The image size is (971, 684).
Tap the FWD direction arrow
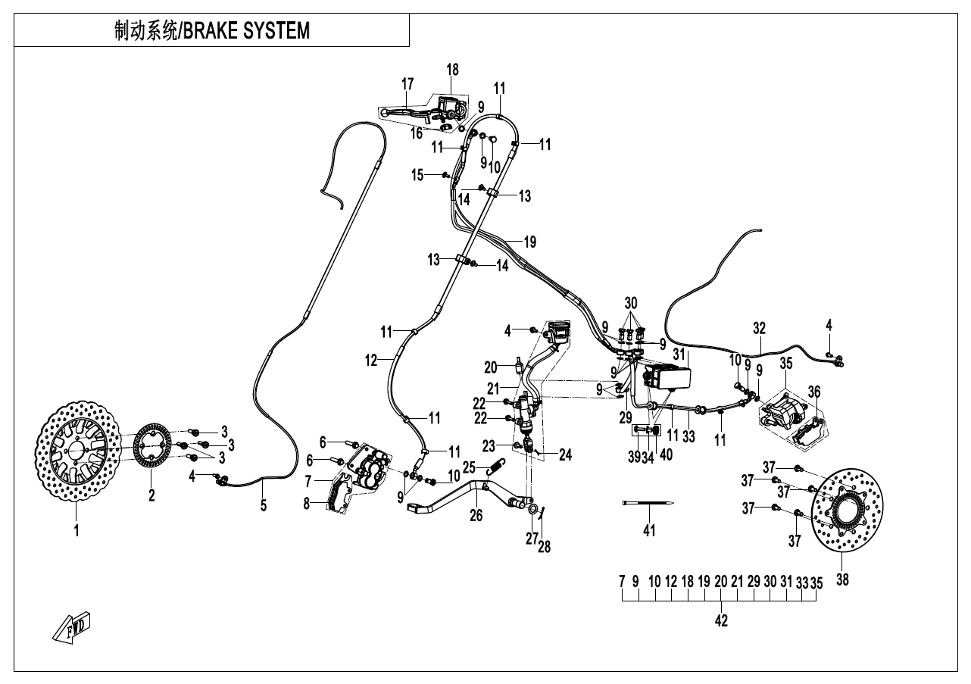(73, 626)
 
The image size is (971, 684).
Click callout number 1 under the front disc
(76, 531)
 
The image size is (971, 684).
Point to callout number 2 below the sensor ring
(151, 496)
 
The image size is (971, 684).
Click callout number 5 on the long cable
(264, 505)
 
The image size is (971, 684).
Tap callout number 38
(842, 582)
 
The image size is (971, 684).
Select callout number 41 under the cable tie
(649, 531)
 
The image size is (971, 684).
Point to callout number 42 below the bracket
(721, 621)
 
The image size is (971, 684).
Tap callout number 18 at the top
(452, 70)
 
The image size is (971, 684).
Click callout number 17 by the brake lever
(407, 83)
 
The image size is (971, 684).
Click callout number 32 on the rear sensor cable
(759, 328)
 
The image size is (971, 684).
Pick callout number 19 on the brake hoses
(529, 242)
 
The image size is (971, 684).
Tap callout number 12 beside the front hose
(370, 361)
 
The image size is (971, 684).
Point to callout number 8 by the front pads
(307, 502)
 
